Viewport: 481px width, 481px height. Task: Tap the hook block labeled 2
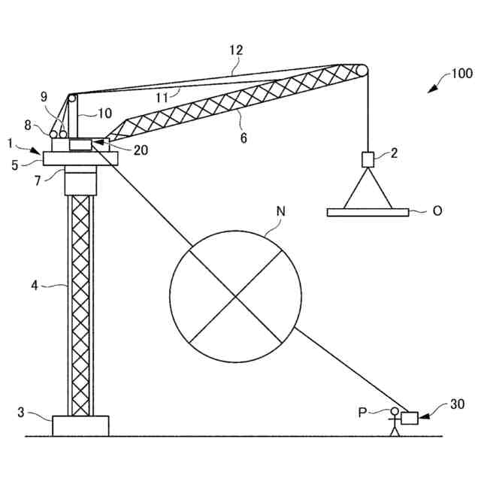click(368, 160)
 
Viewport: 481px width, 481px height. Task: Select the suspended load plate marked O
click(368, 212)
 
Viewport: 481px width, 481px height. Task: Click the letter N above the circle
click(280, 212)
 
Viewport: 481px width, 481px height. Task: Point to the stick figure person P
click(394, 422)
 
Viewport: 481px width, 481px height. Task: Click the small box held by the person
click(410, 418)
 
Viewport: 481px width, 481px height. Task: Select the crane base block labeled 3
click(80, 425)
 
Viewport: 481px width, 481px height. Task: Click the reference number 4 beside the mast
click(34, 285)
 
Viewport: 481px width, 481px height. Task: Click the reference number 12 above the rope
click(237, 50)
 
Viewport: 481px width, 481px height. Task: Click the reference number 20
click(140, 150)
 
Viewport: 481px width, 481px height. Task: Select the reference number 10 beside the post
click(104, 113)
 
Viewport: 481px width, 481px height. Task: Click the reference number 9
click(44, 96)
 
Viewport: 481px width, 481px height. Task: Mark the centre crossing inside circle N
click(236, 298)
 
